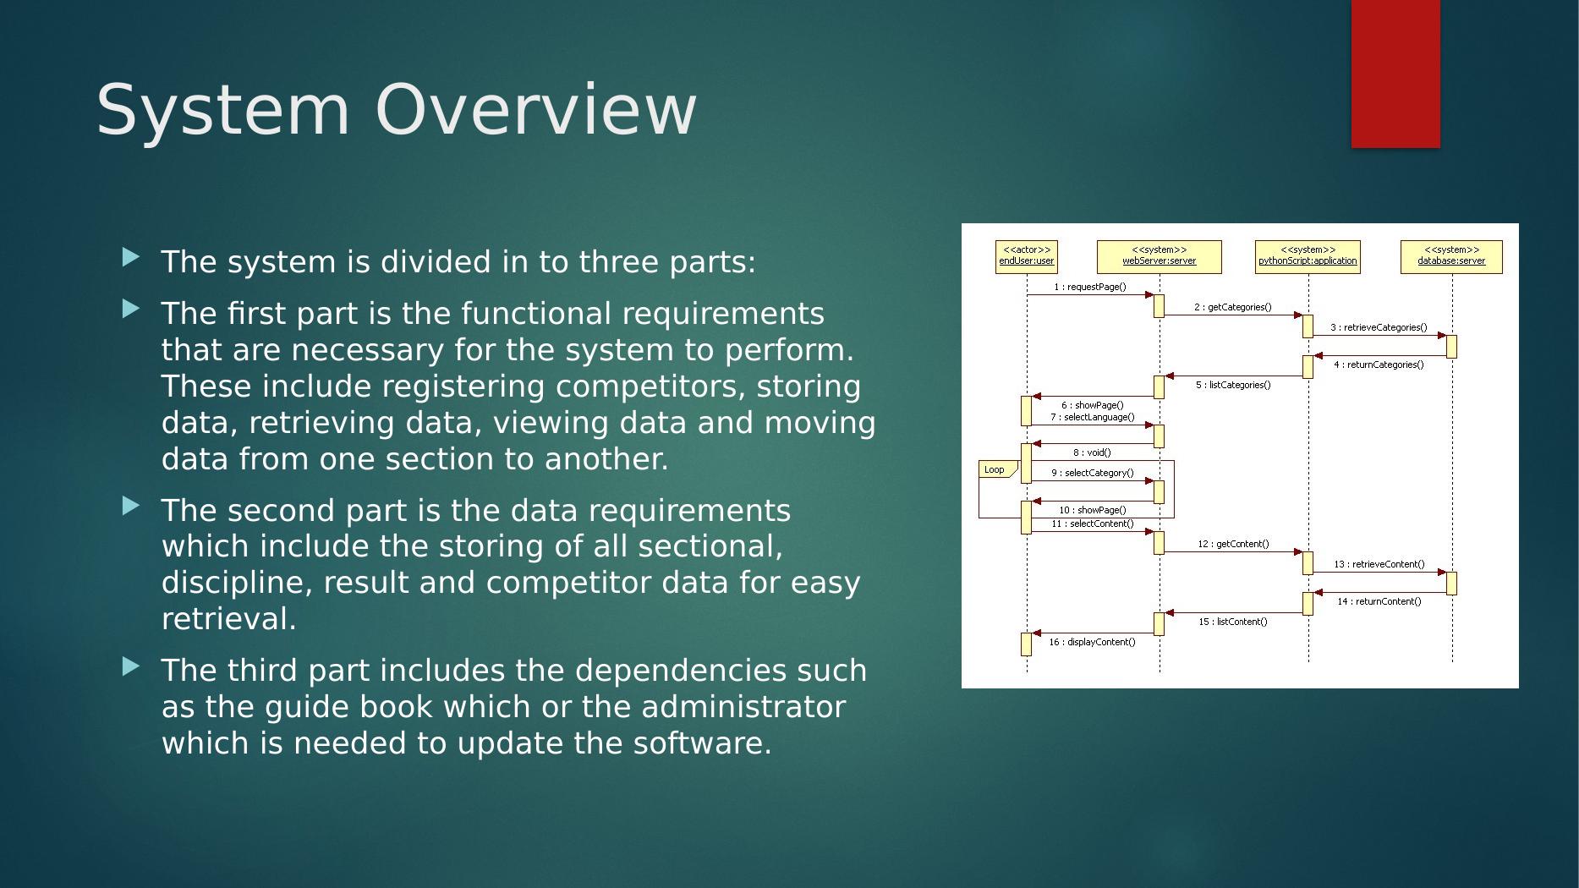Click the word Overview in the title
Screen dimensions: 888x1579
535,109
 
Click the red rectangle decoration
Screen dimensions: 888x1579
1395,74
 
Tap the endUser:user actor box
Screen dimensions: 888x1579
1026,256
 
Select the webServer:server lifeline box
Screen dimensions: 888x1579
1159,256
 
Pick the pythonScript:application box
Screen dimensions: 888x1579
1308,256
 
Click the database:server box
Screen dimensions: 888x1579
1451,256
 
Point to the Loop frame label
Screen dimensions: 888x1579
995,469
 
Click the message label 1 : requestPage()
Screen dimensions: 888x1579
1089,288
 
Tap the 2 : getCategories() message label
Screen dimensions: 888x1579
1232,308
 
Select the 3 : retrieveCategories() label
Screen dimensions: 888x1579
1379,328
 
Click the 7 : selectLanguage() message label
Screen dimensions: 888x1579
1093,418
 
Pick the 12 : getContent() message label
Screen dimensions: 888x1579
1233,545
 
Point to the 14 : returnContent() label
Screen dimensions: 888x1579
1379,602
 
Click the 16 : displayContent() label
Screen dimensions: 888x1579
1092,643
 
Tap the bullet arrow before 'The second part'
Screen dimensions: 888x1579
131,507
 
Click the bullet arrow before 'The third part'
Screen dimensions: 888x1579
131,666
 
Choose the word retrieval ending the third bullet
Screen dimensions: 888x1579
228,619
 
